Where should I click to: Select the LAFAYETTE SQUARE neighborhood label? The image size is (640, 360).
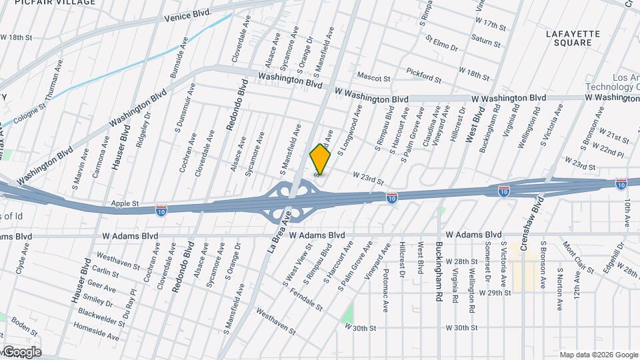tap(573, 38)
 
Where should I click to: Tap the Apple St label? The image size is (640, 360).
tap(125, 203)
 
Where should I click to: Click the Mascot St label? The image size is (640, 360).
tap(373, 77)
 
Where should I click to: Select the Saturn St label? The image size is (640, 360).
tap(485, 40)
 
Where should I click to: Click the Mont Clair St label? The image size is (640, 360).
tap(578, 257)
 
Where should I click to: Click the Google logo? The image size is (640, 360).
tap(22, 352)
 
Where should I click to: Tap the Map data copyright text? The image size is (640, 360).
tap(598, 355)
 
